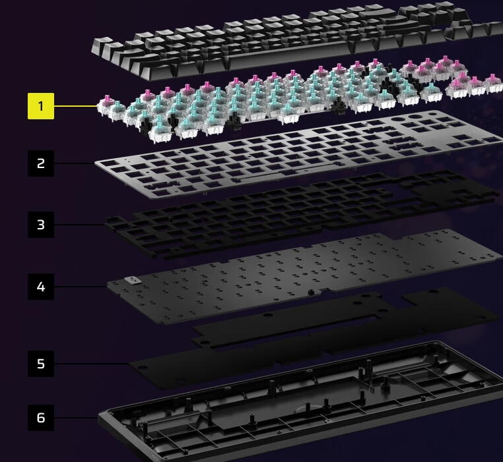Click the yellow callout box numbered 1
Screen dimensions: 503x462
coord(41,106)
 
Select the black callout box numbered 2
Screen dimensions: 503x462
coord(41,163)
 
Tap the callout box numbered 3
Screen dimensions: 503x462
coord(41,225)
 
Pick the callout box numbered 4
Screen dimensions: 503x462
coord(41,287)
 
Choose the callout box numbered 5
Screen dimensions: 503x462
coord(41,364)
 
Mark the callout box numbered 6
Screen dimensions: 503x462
coord(41,417)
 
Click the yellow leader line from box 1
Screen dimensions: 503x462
coord(76,105)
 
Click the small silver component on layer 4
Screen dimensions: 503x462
coord(133,280)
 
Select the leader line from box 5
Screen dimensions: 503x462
coord(92,364)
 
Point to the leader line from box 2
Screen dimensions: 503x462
coord(75,163)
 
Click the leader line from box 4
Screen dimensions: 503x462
coord(81,287)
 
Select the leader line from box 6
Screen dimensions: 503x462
coord(76,417)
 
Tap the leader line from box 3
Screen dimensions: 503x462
coord(80,225)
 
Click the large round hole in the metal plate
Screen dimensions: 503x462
coord(417,117)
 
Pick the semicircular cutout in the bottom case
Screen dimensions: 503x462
coord(307,409)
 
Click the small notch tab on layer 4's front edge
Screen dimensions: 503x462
coord(310,292)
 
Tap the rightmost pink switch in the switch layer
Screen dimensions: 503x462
coord(493,83)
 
